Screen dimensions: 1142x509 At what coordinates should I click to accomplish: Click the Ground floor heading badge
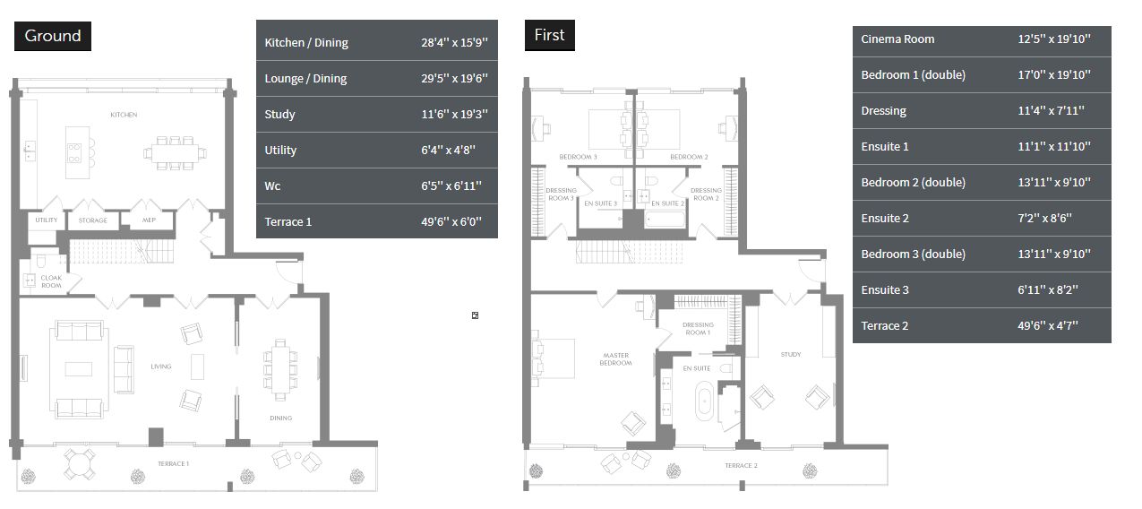pos(53,36)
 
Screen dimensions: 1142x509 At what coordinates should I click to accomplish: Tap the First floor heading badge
pos(550,35)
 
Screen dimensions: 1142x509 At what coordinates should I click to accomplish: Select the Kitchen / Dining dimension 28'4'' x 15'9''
pos(454,42)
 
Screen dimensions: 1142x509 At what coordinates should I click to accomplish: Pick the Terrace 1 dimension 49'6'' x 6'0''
pos(451,222)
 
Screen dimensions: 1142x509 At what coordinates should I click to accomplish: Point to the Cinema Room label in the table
pos(897,39)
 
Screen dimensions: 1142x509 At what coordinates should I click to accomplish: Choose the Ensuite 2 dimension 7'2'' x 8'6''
pos(1044,219)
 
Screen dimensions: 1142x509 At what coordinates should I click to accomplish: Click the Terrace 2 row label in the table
pos(885,326)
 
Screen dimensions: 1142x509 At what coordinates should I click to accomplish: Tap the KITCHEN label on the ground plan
pos(124,115)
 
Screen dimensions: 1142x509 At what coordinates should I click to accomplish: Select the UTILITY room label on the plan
pos(47,220)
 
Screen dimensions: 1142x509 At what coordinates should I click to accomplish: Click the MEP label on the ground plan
pos(149,220)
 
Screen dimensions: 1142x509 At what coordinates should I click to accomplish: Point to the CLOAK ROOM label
pos(51,281)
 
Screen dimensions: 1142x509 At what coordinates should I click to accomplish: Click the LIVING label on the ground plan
pos(161,367)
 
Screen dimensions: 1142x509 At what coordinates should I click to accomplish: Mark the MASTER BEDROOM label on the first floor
pos(616,359)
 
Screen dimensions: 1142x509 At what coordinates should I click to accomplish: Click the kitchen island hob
pos(74,152)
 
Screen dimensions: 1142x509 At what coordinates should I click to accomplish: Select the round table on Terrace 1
pos(80,464)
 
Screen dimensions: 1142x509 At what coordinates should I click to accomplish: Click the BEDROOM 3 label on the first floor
pos(578,157)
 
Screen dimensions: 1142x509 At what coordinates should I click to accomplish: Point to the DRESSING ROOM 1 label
pos(698,329)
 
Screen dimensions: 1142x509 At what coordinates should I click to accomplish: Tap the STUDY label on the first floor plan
pos(791,355)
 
